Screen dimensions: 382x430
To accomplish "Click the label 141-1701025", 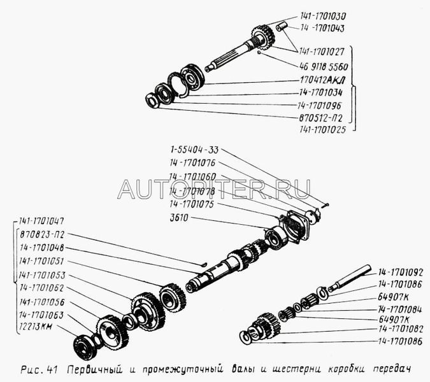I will pos(323,129).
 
